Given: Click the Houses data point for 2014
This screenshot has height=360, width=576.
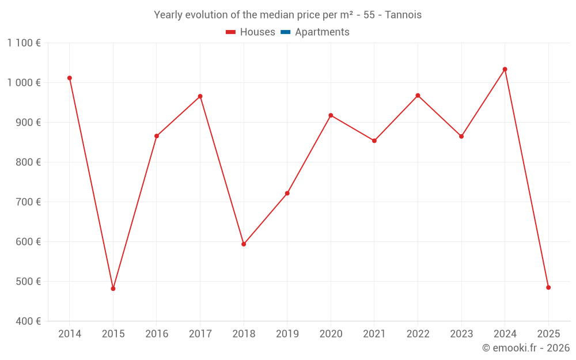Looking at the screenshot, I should [70, 78].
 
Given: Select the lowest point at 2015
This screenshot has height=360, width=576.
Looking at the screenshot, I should [113, 289].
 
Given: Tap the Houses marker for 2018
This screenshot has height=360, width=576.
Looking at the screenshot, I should [244, 244].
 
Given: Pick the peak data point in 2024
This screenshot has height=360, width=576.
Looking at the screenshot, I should [505, 69].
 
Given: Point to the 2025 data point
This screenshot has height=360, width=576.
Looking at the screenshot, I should [548, 287].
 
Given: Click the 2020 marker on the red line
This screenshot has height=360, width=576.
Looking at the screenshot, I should [331, 115].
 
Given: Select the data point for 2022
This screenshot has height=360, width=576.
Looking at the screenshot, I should [418, 96].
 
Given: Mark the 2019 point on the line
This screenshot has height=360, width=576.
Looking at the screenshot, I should [287, 193].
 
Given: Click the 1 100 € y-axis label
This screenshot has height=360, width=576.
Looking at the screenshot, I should [24, 43].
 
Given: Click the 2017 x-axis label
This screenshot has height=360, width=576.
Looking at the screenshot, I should [200, 334].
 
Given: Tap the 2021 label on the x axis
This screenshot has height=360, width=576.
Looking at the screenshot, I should [374, 334].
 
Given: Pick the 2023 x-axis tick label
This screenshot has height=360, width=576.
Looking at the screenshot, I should [461, 334].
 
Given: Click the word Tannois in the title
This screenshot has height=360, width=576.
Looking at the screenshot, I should [403, 15].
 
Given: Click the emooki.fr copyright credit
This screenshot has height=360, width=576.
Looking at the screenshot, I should [526, 348].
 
